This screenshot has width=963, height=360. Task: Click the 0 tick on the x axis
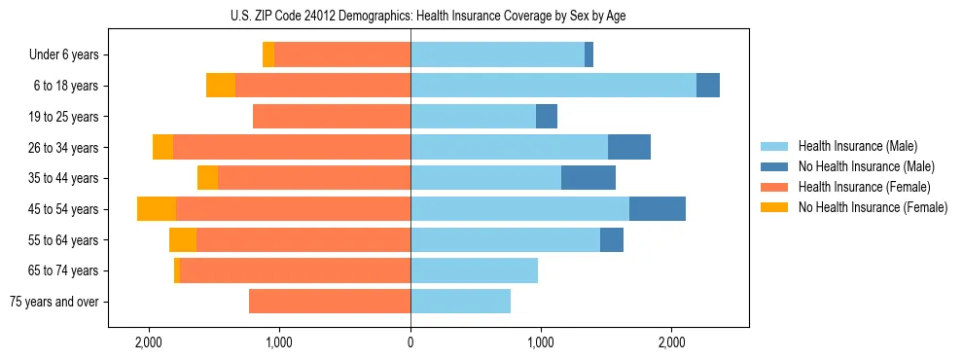(410, 342)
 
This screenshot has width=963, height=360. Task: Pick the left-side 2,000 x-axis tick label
(149, 342)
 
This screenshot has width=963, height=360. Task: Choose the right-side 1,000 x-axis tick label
(541, 342)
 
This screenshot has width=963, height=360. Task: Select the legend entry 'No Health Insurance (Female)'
(873, 207)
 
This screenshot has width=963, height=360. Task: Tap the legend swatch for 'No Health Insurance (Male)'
(775, 166)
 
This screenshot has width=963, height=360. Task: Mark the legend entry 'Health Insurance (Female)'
(864, 187)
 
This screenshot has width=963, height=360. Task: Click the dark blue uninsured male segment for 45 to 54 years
(658, 209)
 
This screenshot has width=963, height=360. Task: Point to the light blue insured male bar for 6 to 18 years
(553, 86)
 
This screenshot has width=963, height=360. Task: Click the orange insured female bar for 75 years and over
(330, 302)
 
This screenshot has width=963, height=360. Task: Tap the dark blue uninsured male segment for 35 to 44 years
(588, 178)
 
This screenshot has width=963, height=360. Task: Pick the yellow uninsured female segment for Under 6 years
(268, 55)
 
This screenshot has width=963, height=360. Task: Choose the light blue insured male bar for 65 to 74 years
(474, 270)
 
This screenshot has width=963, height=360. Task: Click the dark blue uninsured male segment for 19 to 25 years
(547, 117)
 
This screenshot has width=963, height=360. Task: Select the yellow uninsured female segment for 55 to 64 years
(183, 240)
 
